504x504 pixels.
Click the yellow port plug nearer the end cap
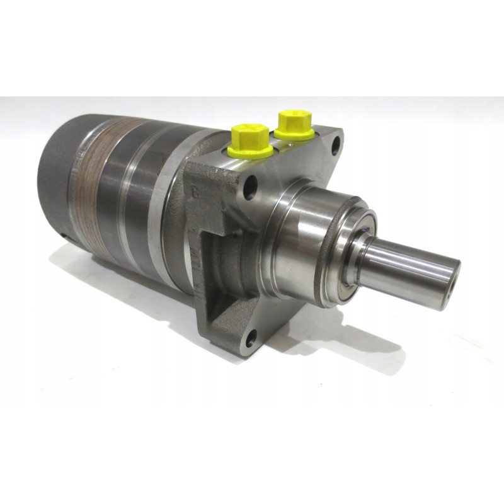[251, 140]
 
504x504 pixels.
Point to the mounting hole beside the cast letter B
[251, 186]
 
